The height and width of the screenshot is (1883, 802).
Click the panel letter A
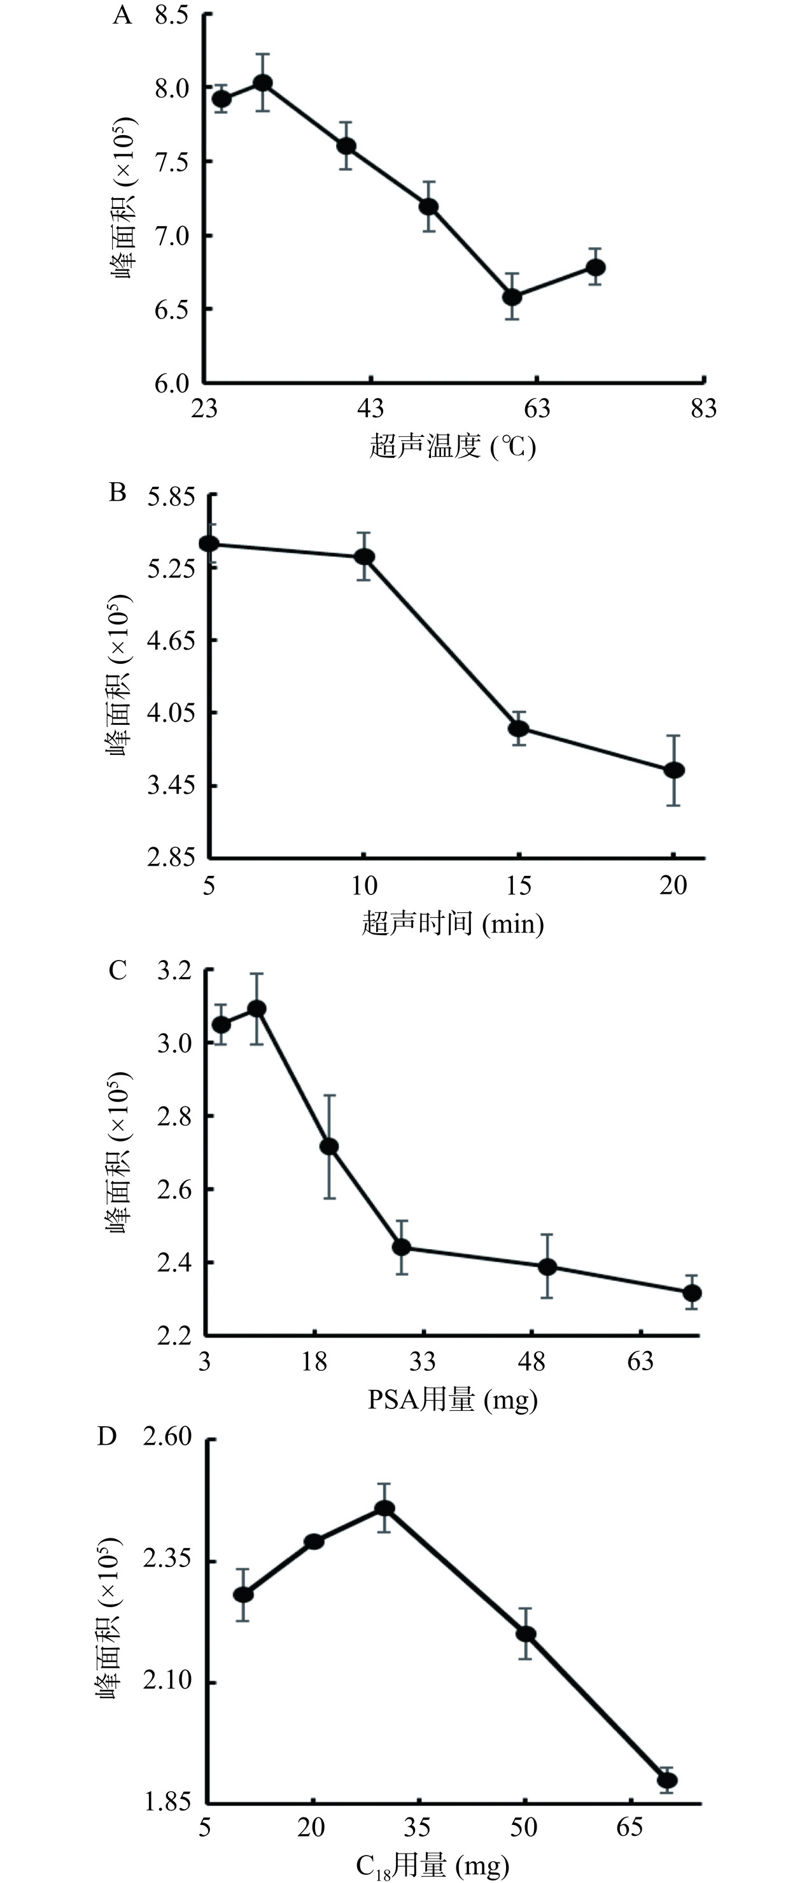(x=122, y=15)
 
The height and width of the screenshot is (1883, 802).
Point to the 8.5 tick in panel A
(x=172, y=15)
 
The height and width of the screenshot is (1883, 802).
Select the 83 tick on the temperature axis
(x=703, y=408)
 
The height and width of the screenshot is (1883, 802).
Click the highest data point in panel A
(x=263, y=83)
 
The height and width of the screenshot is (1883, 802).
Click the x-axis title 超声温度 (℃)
(x=453, y=445)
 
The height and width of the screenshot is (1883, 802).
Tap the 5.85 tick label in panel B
(x=172, y=498)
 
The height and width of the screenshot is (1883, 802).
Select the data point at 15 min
(x=519, y=728)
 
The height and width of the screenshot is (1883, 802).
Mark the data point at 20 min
(x=673, y=770)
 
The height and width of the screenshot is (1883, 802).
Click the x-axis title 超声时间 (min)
(x=453, y=924)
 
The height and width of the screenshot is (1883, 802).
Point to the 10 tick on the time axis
(x=363, y=886)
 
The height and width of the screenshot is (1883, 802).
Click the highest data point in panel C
(x=257, y=1009)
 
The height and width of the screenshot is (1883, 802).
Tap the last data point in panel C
(x=692, y=1293)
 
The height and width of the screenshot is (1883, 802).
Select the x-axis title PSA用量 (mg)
(x=453, y=1400)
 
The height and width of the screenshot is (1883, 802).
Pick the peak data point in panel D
(x=385, y=1508)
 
